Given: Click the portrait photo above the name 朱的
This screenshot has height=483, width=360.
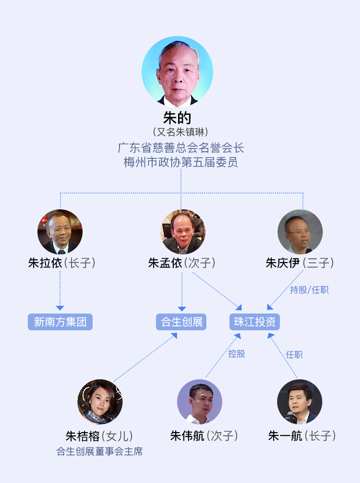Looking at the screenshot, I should [177, 71].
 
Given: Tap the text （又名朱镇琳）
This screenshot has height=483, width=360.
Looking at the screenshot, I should [180, 132].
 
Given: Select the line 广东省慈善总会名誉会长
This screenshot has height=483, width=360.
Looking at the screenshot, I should [180, 147].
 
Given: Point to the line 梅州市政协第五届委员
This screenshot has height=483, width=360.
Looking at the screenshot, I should [180, 162].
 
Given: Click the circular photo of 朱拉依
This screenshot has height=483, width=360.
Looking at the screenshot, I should [60, 232].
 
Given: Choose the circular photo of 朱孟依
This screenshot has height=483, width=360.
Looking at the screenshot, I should [183, 232].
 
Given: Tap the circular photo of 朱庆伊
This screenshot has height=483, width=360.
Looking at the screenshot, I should [300, 232].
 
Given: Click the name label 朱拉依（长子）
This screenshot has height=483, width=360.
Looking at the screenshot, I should [62, 263].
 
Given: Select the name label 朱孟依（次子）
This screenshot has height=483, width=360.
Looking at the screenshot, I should [182, 263].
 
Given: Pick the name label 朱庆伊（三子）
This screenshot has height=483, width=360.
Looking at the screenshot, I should [300, 263].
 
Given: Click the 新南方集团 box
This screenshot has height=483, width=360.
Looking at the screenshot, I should [60, 322].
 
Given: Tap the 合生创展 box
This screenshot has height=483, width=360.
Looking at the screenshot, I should [181, 322].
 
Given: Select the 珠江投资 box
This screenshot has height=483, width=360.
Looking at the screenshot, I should [254, 322].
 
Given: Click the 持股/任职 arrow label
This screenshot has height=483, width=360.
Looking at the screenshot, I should [310, 290].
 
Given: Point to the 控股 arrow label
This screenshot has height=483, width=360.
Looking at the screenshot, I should [237, 354].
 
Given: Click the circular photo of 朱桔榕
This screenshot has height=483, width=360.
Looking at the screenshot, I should [100, 402].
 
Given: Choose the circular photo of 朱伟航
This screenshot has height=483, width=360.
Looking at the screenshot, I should [200, 402].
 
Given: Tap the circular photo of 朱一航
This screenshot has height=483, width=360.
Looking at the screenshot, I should [300, 402].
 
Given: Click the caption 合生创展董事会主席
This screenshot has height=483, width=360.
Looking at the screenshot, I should [100, 451].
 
